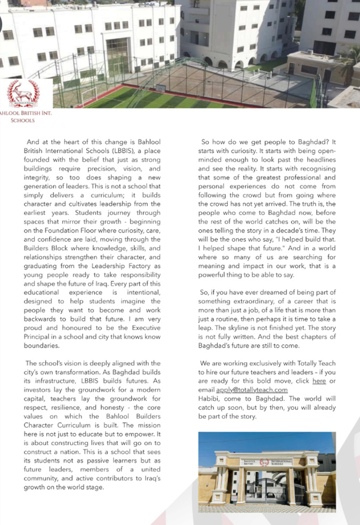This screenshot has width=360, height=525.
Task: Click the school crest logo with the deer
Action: click(23, 93)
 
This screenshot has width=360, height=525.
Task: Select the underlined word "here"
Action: click(319, 381)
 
